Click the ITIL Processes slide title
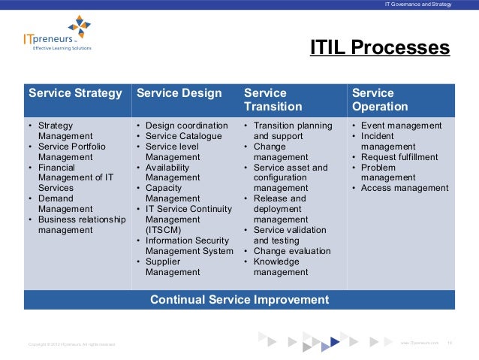click(x=380, y=48)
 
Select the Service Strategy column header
click(x=75, y=94)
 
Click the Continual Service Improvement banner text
click(x=239, y=299)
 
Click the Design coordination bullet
click(x=186, y=126)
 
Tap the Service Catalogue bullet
click(x=183, y=136)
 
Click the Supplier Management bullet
click(x=173, y=267)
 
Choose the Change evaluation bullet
click(x=291, y=251)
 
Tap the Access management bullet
click(x=404, y=189)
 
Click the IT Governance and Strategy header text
click(x=417, y=5)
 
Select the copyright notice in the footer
click(x=72, y=343)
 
